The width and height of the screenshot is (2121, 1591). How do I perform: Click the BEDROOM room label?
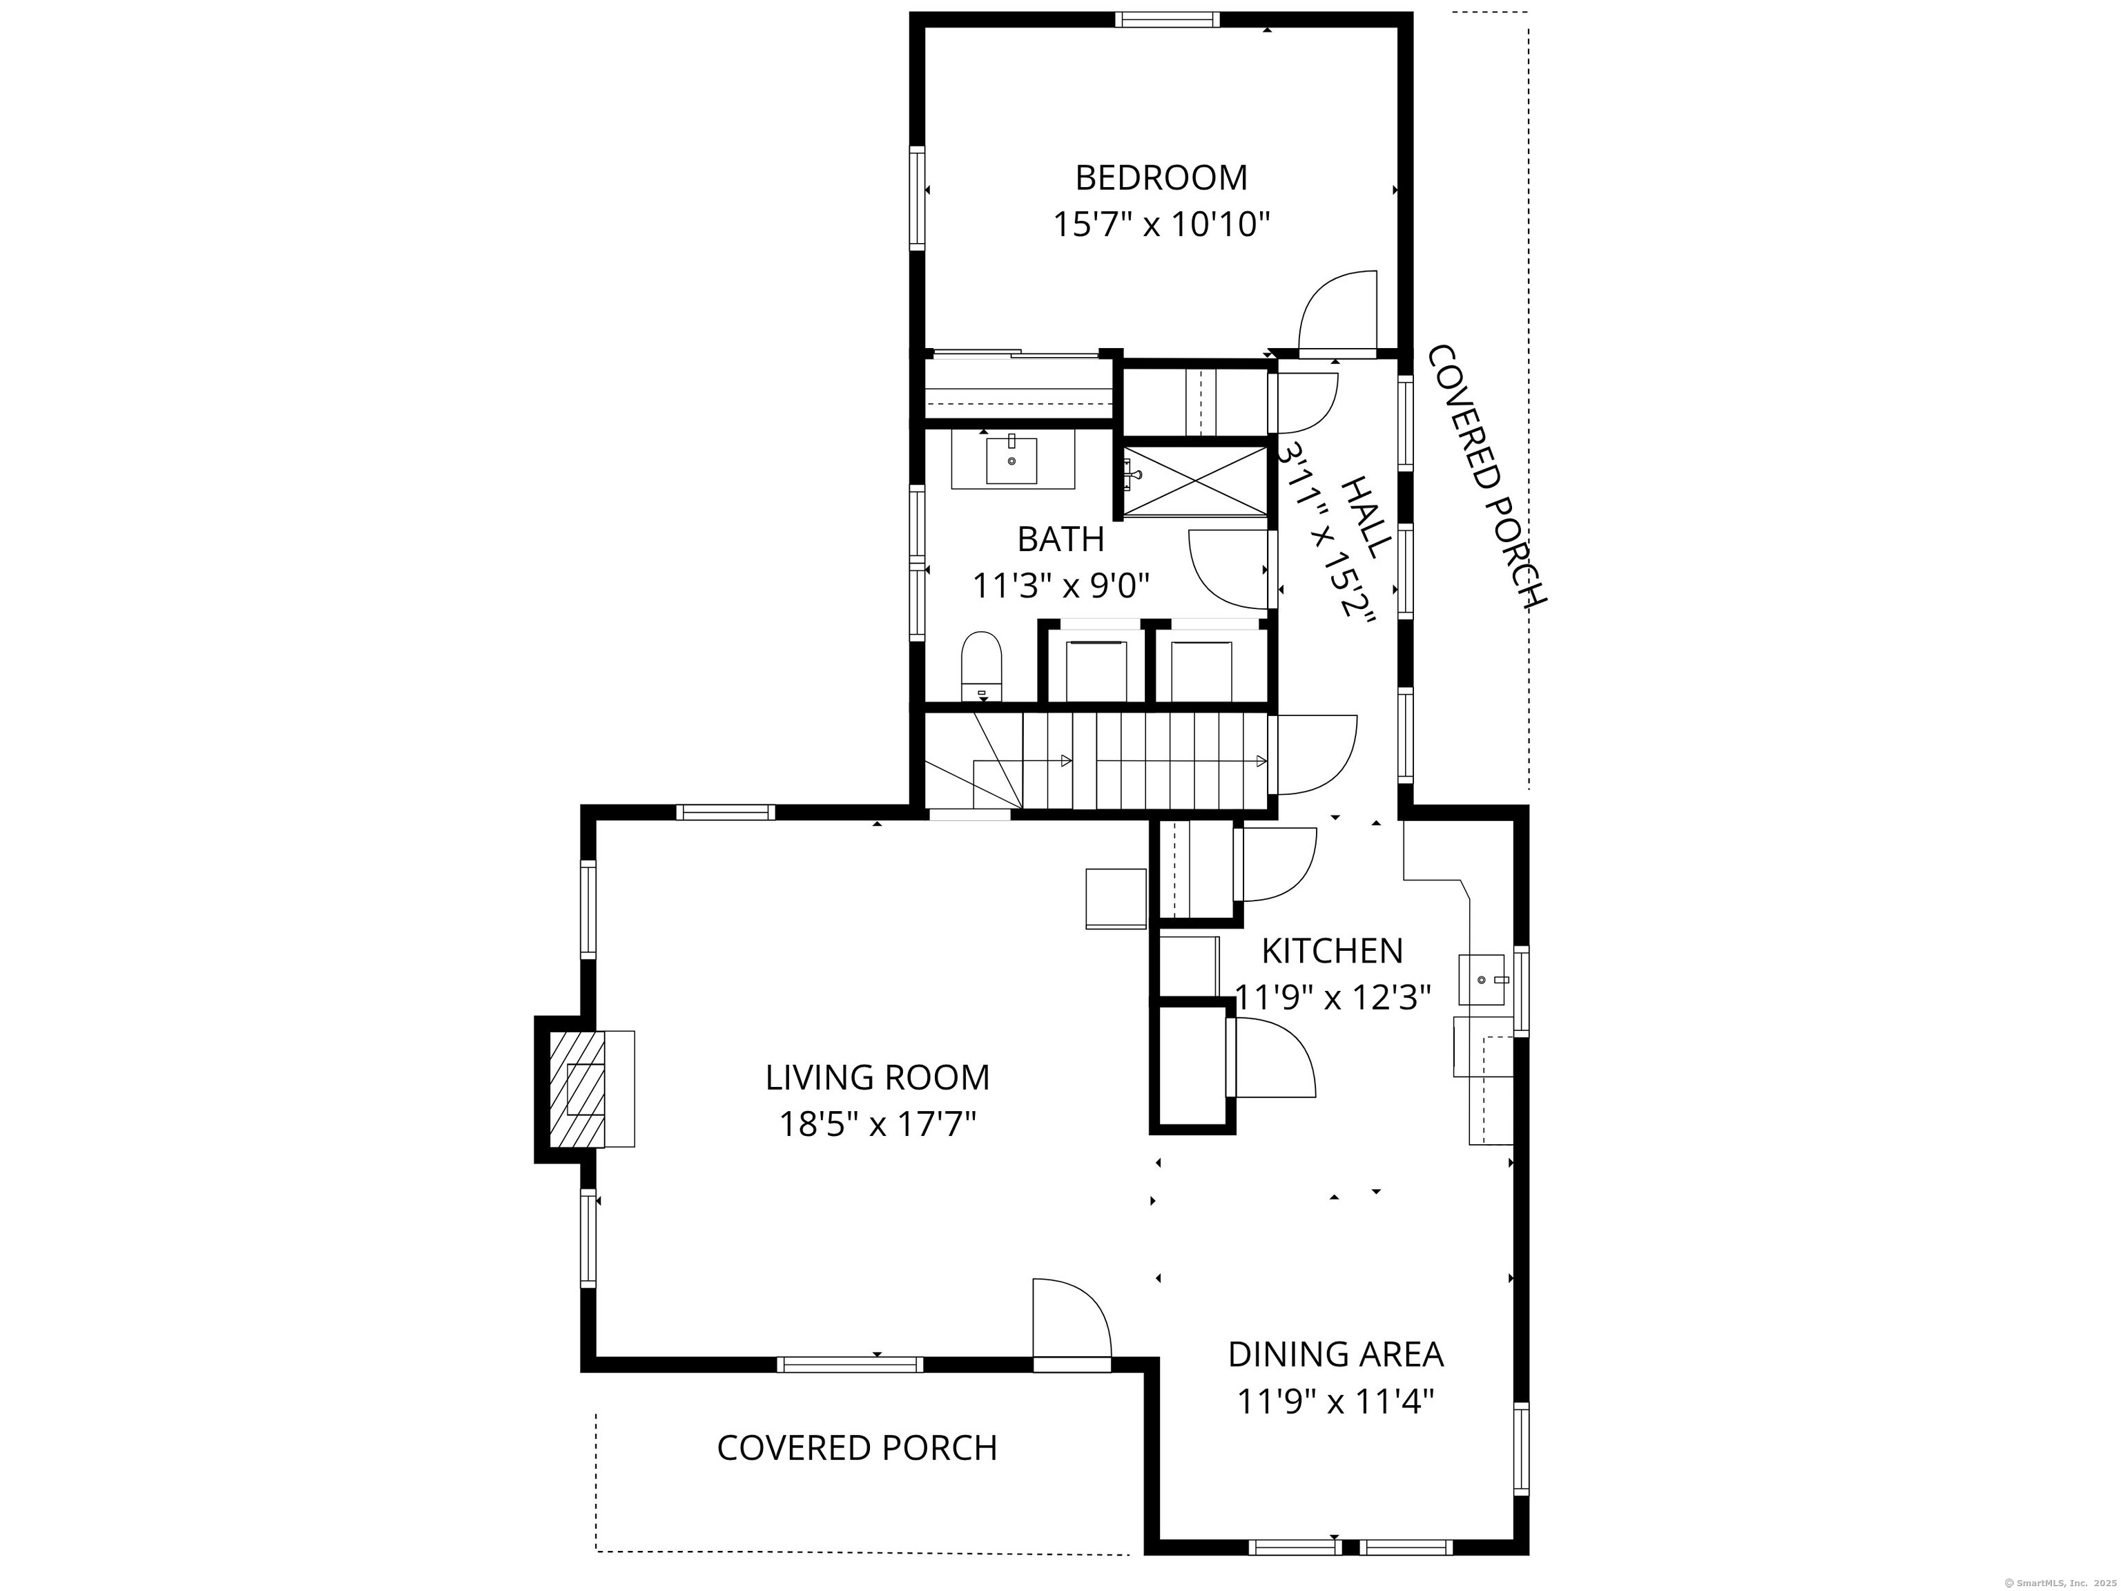(1161, 177)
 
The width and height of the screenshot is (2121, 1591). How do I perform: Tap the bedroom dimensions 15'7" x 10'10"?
(1161, 224)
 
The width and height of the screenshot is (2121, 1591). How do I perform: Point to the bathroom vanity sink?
(1011, 461)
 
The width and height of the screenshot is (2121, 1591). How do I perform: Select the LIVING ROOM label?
(878, 1077)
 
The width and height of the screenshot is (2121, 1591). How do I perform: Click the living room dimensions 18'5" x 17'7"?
(878, 1123)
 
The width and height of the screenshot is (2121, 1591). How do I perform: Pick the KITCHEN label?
(1332, 950)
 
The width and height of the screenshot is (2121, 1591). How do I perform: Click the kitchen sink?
(1483, 980)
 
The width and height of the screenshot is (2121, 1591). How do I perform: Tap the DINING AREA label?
(1336, 1354)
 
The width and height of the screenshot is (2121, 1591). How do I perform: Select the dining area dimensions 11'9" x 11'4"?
(1336, 1402)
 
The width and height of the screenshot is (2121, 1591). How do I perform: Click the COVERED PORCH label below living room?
(858, 1448)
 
